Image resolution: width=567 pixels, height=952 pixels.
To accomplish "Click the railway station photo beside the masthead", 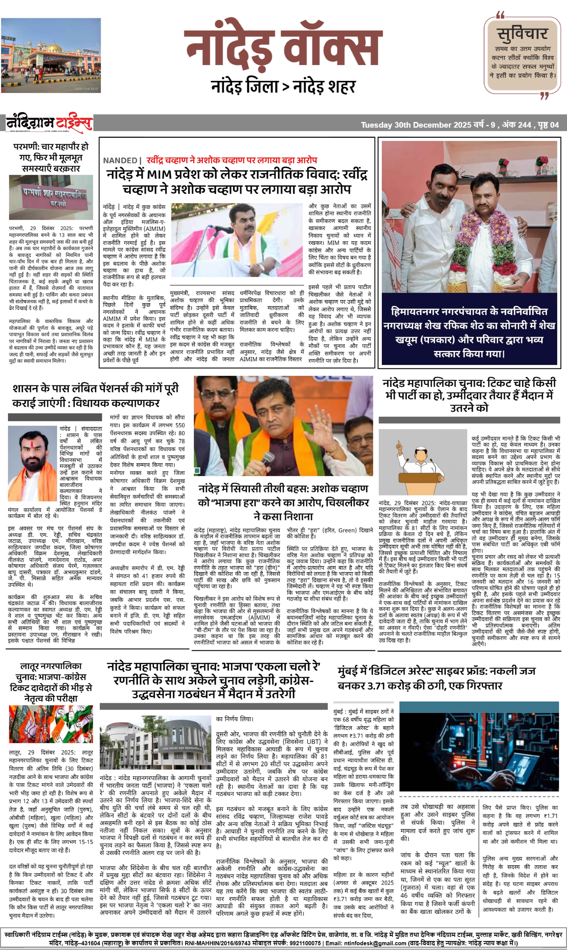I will (x=51, y=55).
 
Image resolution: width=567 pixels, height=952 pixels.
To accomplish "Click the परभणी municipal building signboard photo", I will (x=51, y=197).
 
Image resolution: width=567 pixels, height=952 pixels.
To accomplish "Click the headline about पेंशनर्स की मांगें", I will (x=96, y=396).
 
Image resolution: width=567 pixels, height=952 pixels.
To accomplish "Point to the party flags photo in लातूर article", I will (x=51, y=724).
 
